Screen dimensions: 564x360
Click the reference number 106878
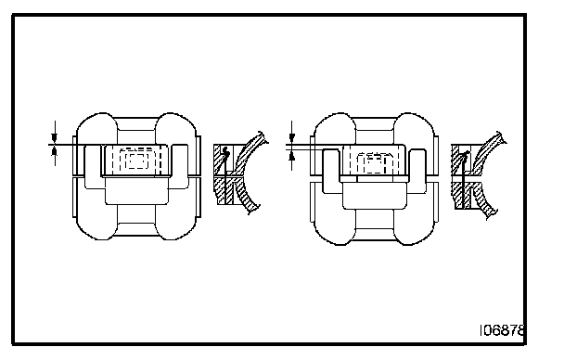502,330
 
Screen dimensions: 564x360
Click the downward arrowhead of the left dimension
55,138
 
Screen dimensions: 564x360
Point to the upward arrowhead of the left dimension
55,151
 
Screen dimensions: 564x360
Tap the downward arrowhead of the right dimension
291,138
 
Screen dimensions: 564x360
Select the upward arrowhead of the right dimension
291,155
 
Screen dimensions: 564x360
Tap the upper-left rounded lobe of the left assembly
96,129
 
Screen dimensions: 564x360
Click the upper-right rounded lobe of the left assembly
176,129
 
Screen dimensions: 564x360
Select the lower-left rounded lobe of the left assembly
96,219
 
